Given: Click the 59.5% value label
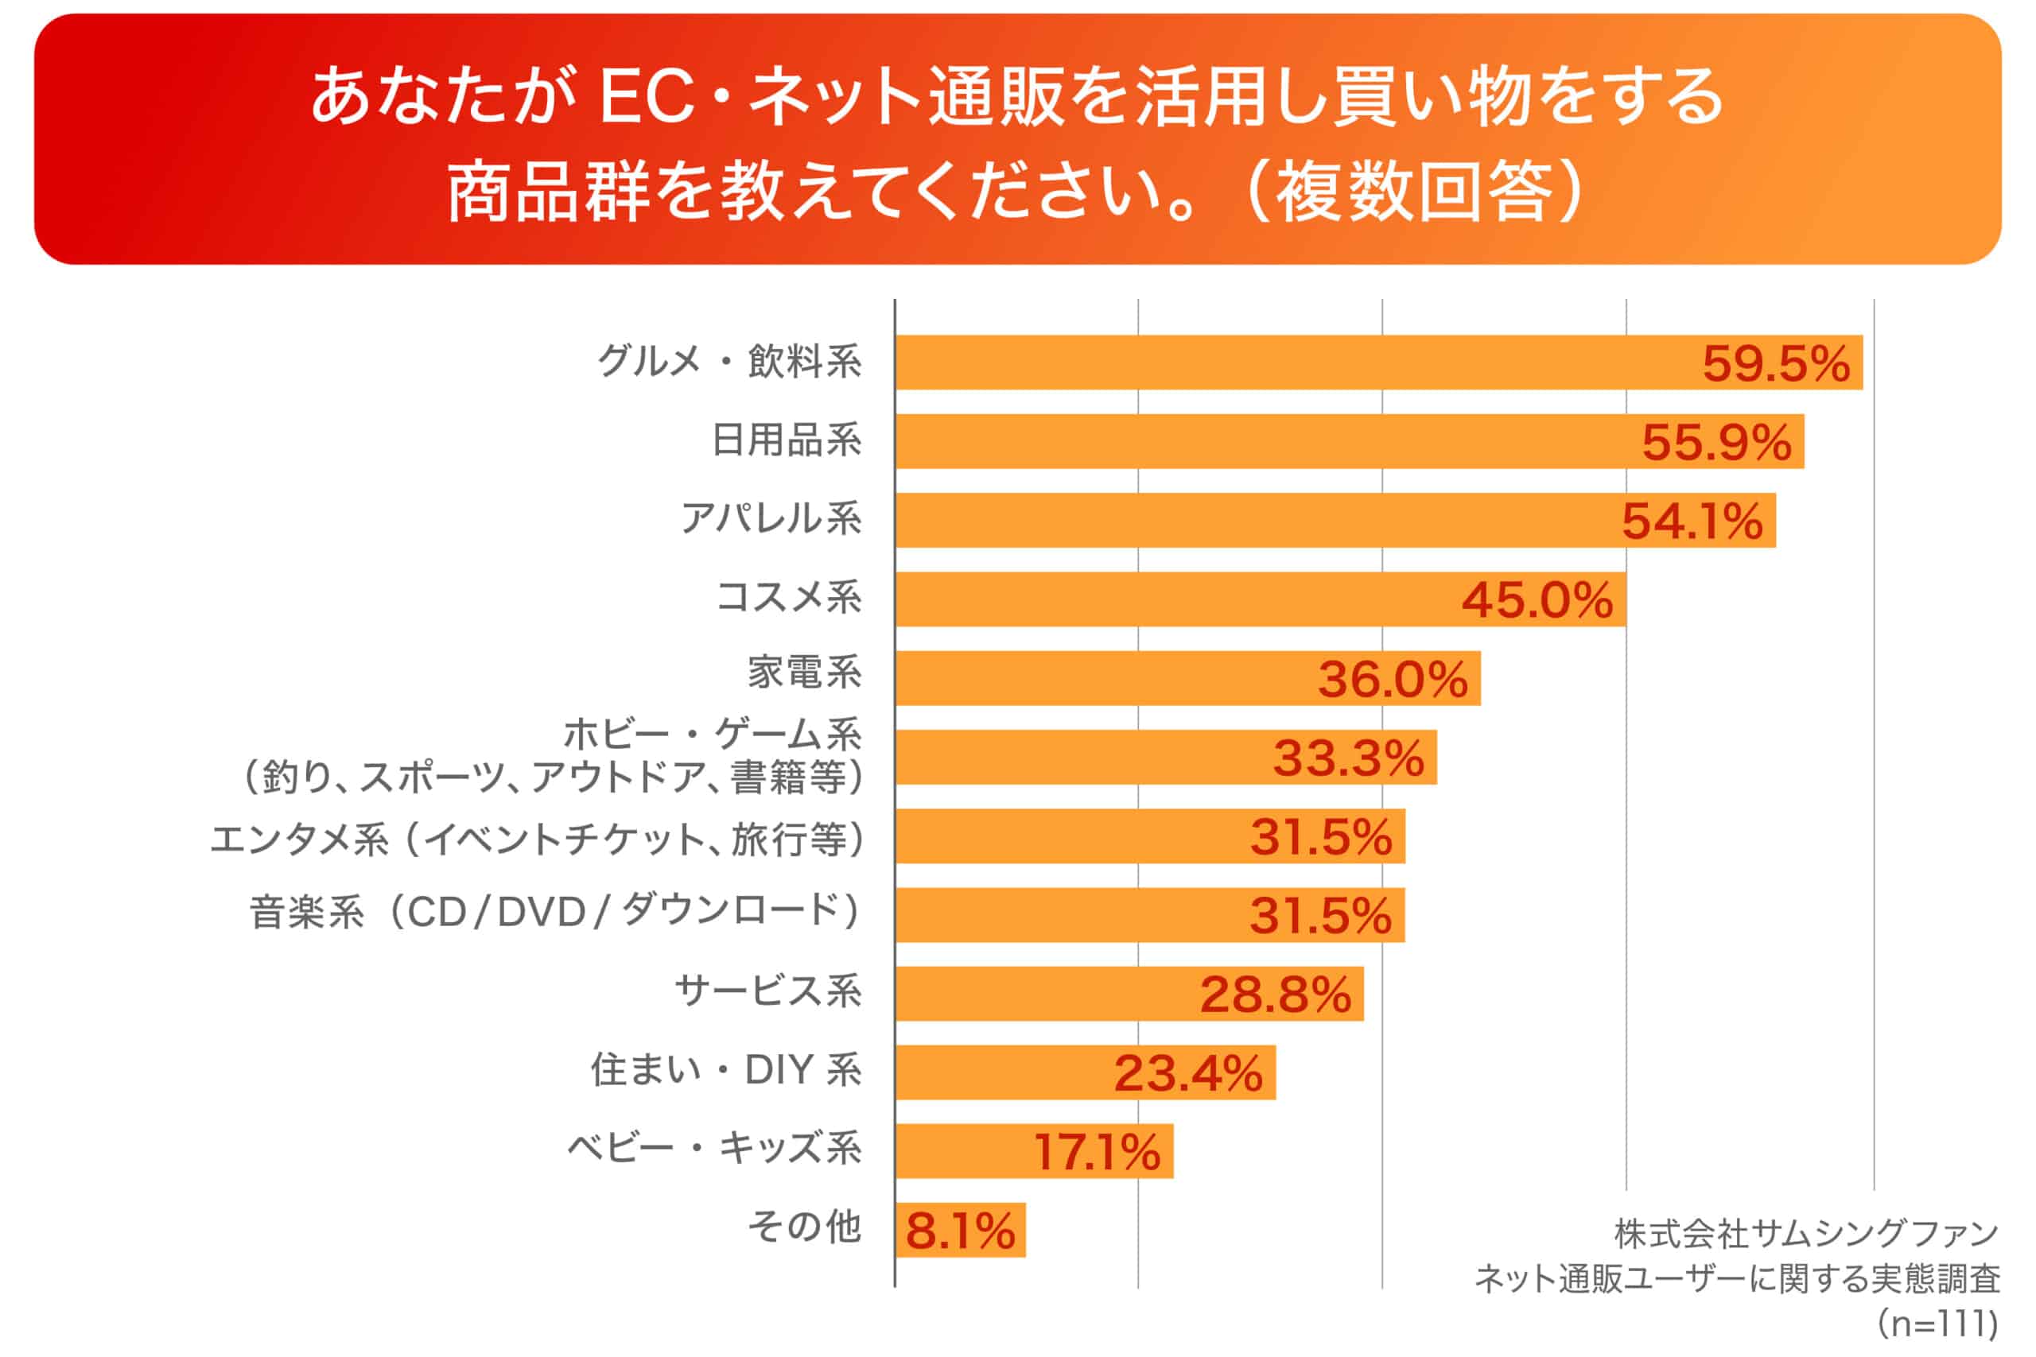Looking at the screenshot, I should pyautogui.click(x=1775, y=363).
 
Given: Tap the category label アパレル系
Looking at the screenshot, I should pyautogui.click(x=771, y=519).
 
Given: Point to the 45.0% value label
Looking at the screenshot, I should pyautogui.click(x=1537, y=599).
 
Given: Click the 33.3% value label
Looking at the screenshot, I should pyautogui.click(x=1348, y=758).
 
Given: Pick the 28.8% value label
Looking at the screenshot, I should pyautogui.click(x=1275, y=994).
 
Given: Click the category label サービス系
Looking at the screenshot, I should pyautogui.click(x=767, y=991).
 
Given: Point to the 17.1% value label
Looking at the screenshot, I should pyautogui.click(x=1097, y=1152).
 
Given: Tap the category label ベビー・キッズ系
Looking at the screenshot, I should pyautogui.click(x=714, y=1149).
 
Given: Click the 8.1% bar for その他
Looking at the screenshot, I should pyautogui.click(x=960, y=1231).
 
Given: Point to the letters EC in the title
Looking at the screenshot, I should pyautogui.click(x=647, y=97).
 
